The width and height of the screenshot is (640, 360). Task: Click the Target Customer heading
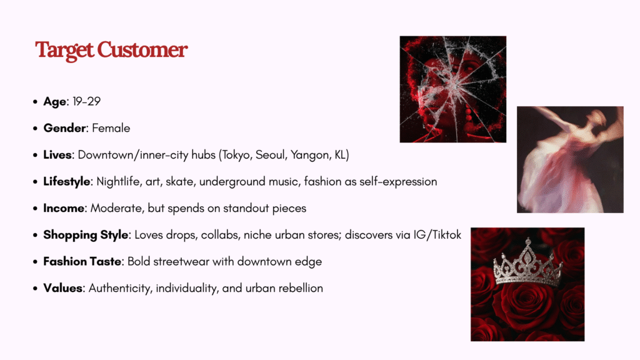pyautogui.click(x=111, y=50)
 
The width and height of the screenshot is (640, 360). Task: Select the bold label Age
pyautogui.click(x=55, y=102)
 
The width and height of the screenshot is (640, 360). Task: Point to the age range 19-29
pyautogui.click(x=86, y=101)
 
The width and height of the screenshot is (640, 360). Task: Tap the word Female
pyautogui.click(x=111, y=128)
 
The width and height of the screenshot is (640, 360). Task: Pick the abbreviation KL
pyautogui.click(x=341, y=155)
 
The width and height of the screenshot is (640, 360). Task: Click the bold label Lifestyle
pyautogui.click(x=67, y=182)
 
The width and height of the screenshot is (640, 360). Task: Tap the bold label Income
pyautogui.click(x=64, y=208)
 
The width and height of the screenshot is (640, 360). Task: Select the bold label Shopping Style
pyautogui.click(x=86, y=235)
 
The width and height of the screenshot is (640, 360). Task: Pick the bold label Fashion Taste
pyautogui.click(x=82, y=262)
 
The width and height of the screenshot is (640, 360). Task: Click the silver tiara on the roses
pyautogui.click(x=527, y=265)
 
